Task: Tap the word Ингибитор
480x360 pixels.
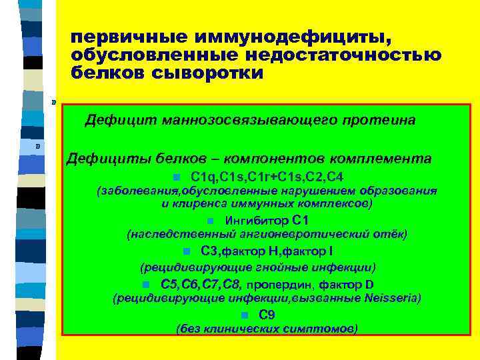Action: tap(257, 221)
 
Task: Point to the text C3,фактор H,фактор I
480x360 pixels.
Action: tap(267, 251)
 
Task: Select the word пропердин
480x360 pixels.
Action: tap(285, 285)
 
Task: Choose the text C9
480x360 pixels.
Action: tap(267, 315)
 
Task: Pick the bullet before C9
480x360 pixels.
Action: tap(245, 316)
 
